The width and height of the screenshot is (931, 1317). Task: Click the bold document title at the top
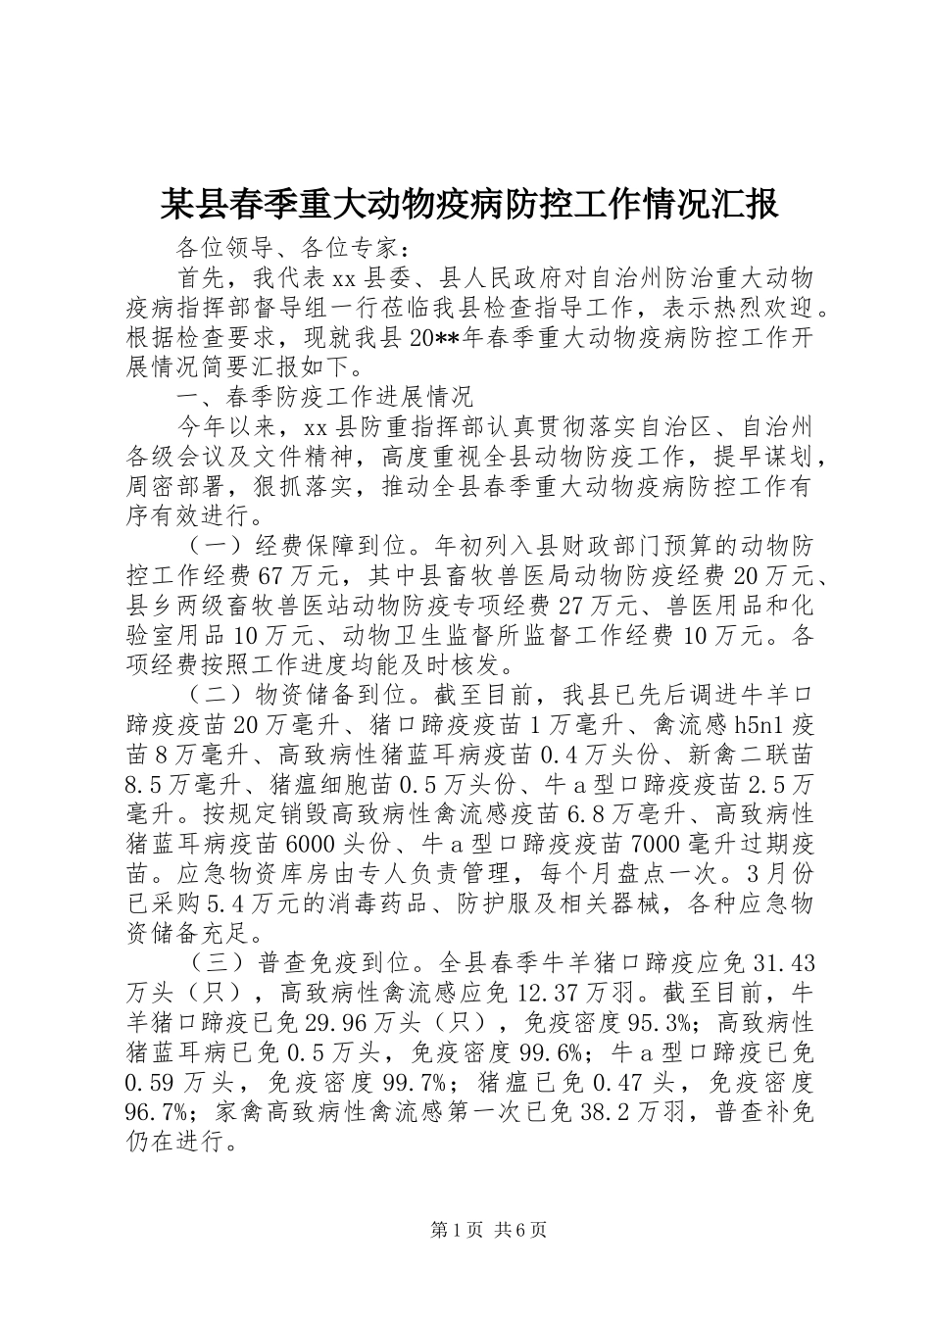point(468,205)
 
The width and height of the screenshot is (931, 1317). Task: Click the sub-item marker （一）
point(214,546)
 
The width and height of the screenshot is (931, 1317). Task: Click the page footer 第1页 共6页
point(465,1257)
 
